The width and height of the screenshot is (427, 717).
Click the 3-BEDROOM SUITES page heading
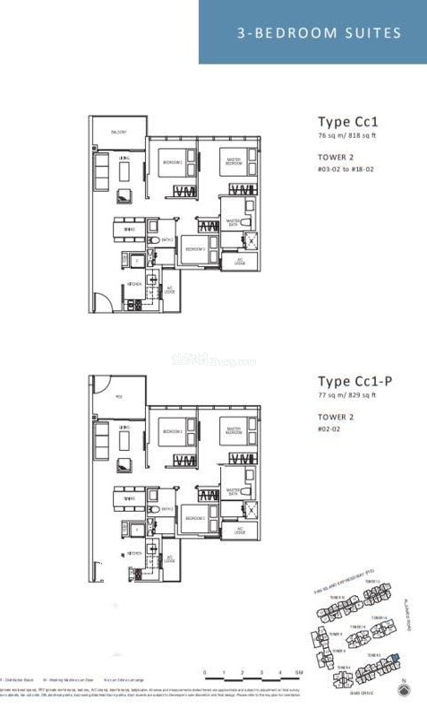[x=319, y=33]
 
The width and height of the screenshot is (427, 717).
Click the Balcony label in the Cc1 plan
[x=118, y=133]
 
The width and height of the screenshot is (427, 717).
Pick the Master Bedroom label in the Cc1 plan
[x=234, y=163]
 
